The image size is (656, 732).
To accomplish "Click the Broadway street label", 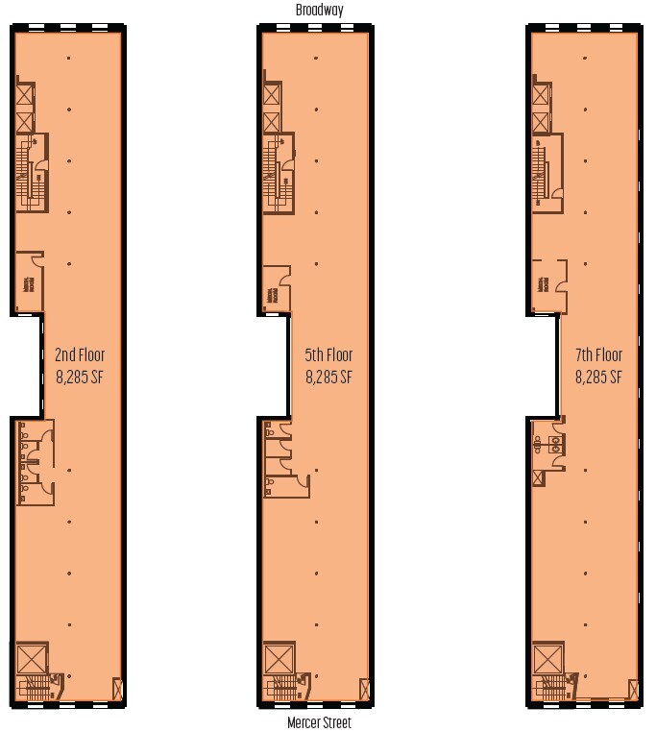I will pos(320,10).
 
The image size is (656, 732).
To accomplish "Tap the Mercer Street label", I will pos(320,722).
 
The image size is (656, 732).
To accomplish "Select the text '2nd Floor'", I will pos(80,355).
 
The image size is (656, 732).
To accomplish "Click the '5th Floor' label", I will pos(328,355).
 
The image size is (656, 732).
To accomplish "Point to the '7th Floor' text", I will pos(598,355).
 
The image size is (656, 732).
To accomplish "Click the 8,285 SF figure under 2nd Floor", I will pos(80,377).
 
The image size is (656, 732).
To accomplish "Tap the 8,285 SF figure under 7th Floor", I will pos(598,377).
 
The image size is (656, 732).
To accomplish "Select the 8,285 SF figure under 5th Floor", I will pos(328,377).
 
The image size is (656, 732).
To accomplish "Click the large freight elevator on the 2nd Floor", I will pos(32,659).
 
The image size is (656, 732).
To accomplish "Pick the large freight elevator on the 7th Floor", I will pos(548,659).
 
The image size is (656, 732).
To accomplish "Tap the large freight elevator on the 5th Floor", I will pos(279,659).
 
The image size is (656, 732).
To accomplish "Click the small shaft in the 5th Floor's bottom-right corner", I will pos(364,690).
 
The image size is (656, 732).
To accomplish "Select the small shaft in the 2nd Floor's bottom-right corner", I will pos(117,690).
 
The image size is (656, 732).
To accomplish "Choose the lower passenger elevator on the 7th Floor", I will pos(541,122).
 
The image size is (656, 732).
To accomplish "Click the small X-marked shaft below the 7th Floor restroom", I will pos(537,477).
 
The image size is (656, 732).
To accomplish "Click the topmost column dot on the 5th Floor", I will pos(316,59).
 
